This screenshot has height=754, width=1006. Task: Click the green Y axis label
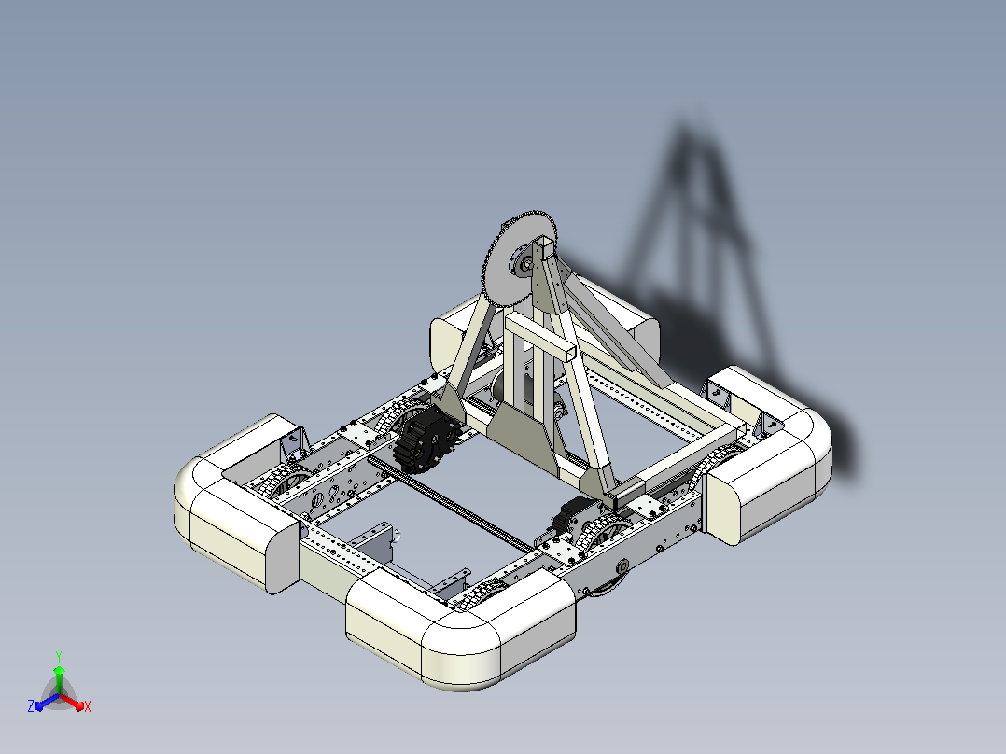[59, 657]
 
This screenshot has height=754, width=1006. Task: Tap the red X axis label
[88, 706]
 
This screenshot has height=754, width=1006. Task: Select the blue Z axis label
[31, 705]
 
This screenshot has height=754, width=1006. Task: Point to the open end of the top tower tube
[546, 245]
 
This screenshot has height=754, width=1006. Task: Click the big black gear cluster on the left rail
[426, 440]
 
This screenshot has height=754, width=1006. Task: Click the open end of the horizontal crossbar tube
[567, 353]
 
